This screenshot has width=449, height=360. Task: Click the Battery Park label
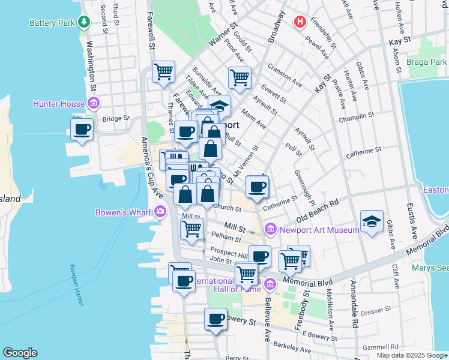52,23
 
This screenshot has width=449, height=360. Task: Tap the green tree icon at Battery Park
84,23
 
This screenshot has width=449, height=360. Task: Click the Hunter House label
59,104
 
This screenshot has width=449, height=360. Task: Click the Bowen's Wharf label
124,212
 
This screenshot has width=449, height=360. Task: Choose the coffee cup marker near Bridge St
82,128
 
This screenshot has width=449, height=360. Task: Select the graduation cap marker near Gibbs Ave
372,221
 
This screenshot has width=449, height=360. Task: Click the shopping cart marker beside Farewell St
163,72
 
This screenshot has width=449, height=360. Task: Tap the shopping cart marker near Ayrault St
239,77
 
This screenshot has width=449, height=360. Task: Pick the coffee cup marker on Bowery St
215,319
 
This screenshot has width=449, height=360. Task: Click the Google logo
20,353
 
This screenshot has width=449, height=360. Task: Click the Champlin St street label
356,114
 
